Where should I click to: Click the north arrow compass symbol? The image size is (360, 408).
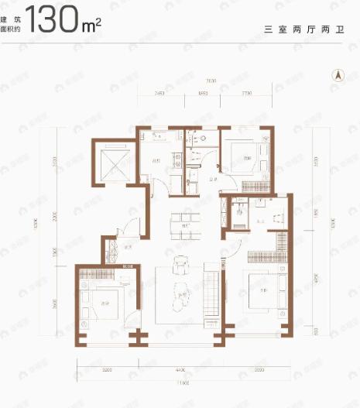click(x=337, y=75)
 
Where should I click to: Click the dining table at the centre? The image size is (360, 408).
click(x=185, y=218)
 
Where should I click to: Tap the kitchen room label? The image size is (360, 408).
click(x=156, y=162)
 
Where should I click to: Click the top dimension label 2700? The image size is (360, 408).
click(x=245, y=93)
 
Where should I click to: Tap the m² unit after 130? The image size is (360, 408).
click(x=91, y=25)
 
